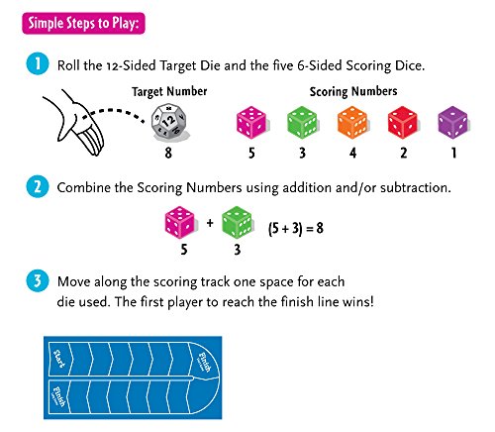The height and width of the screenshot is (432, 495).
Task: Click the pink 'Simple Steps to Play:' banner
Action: [83, 24]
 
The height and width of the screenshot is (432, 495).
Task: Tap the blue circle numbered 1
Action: [38, 63]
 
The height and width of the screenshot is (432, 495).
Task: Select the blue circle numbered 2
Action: [38, 186]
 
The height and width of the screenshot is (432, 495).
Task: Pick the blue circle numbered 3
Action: [38, 280]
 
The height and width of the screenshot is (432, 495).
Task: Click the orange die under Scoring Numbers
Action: [352, 122]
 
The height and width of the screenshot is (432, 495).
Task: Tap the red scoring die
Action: [403, 122]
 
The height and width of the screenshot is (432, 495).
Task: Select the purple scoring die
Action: [452, 122]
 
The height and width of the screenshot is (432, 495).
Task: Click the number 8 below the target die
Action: [168, 153]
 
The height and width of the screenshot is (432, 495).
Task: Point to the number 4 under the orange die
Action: [352, 153]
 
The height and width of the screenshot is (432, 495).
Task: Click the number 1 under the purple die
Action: [453, 153]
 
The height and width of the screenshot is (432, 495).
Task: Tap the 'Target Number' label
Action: [169, 91]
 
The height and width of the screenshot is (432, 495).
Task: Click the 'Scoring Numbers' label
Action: [353, 91]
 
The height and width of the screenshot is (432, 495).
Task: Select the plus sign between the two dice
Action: [210, 223]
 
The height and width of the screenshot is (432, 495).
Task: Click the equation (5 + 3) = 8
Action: [296, 228]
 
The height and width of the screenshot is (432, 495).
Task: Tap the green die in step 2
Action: [238, 222]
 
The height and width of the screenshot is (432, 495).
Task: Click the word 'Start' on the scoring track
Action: [59, 359]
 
